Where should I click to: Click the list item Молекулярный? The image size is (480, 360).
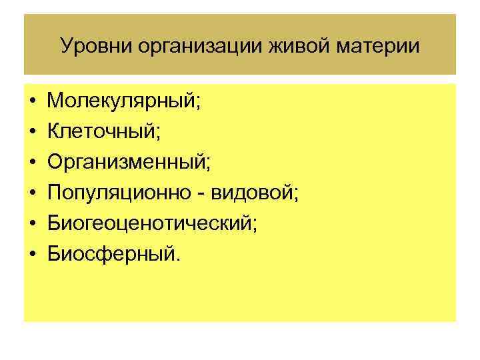click(x=122, y=101)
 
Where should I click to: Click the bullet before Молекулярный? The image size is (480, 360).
click(x=33, y=102)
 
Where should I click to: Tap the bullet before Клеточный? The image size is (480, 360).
click(x=33, y=133)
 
